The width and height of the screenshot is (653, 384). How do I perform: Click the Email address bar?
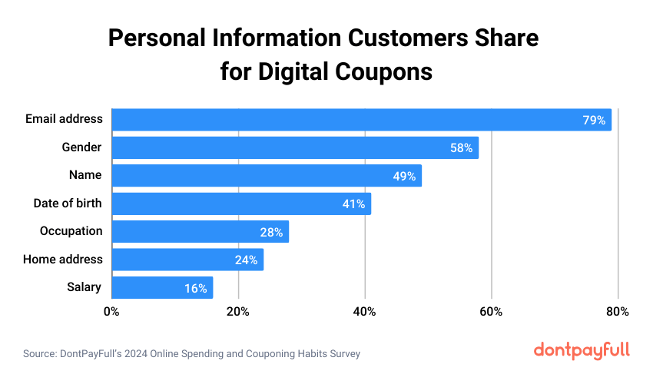(x=361, y=120)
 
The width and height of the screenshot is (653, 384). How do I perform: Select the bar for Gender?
(x=295, y=147)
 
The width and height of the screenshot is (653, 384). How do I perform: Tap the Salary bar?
(x=162, y=288)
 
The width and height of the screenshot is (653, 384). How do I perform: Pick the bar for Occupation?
(x=200, y=231)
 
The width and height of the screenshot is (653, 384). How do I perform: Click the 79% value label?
(x=594, y=120)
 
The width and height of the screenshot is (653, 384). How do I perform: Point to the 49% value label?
(x=404, y=176)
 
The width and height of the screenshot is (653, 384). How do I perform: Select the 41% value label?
(x=353, y=204)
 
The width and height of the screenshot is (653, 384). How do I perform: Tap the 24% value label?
(x=246, y=260)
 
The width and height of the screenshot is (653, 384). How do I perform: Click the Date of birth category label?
(x=68, y=204)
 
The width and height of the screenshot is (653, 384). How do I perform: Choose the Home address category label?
(x=63, y=260)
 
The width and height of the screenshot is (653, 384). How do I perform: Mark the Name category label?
(x=85, y=175)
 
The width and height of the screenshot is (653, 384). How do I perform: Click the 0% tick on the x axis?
(x=112, y=312)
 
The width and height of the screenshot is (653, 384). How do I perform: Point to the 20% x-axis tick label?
(x=238, y=312)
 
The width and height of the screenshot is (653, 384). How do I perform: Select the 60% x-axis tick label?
(x=491, y=312)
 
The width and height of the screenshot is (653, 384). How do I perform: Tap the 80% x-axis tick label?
(x=618, y=312)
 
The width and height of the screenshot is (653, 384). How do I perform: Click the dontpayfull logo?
(x=582, y=350)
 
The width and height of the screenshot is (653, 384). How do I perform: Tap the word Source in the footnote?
(x=38, y=354)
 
